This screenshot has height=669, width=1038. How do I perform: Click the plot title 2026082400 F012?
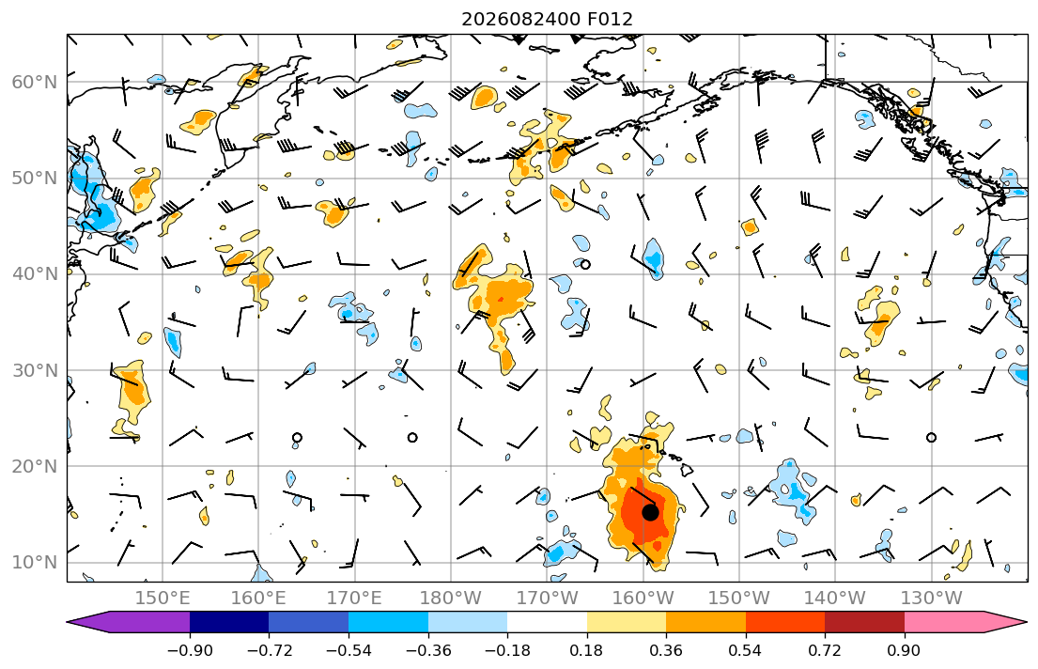[x=547, y=19]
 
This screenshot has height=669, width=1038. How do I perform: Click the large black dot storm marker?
[x=650, y=512]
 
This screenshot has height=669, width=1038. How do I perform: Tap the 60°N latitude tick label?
[x=35, y=82]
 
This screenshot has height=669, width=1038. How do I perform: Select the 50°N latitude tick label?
[x=35, y=179]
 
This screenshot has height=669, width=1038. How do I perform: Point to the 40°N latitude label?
[x=35, y=274]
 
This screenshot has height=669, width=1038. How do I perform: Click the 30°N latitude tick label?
[x=35, y=370]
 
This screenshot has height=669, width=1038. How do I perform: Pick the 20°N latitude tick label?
[x=35, y=466]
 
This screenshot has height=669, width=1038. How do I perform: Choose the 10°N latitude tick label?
[x=35, y=563]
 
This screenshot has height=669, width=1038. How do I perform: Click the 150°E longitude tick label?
[x=163, y=599]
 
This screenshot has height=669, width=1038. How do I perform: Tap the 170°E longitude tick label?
[x=355, y=599]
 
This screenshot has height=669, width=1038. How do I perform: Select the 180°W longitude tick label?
[x=451, y=599]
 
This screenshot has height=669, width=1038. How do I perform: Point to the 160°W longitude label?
[x=643, y=599]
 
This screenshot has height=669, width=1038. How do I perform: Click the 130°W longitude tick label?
[x=932, y=599]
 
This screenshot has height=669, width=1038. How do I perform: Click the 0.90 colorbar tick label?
[x=905, y=650]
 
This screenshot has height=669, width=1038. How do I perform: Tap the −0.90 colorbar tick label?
[x=190, y=650]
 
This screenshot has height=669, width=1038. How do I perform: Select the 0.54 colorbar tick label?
[x=746, y=650]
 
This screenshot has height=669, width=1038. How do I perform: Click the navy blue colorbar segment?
[x=229, y=622]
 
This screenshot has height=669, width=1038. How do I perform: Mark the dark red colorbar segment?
[x=864, y=622]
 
